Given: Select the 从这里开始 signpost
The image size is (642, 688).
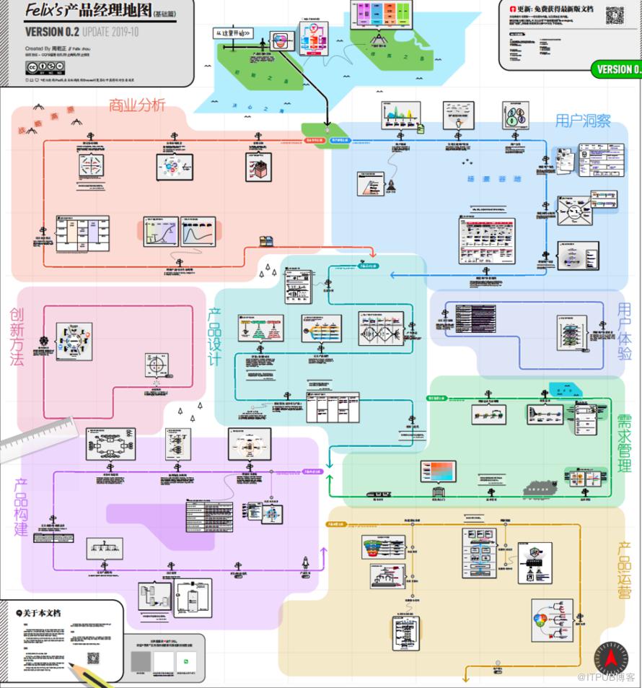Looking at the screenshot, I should tap(234, 33).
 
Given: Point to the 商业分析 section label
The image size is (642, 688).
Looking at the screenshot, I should tap(137, 105).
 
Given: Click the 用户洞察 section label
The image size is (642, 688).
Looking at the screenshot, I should tap(583, 120).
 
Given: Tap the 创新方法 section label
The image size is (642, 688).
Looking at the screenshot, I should tap(17, 336).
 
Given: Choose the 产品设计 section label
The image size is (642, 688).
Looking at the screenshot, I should tap(214, 336).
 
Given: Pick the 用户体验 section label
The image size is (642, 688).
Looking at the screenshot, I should tap(624, 331).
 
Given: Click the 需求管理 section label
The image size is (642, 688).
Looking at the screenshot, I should tap(624, 443).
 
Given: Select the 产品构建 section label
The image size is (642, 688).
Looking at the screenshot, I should tap(22, 507).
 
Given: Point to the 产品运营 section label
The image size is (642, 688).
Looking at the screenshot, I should tap(625, 570).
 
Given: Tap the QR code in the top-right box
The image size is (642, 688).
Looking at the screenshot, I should tap(614, 15).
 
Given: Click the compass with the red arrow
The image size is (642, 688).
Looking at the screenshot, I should tap(611, 658).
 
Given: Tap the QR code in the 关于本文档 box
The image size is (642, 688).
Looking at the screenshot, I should tap(93, 658).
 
